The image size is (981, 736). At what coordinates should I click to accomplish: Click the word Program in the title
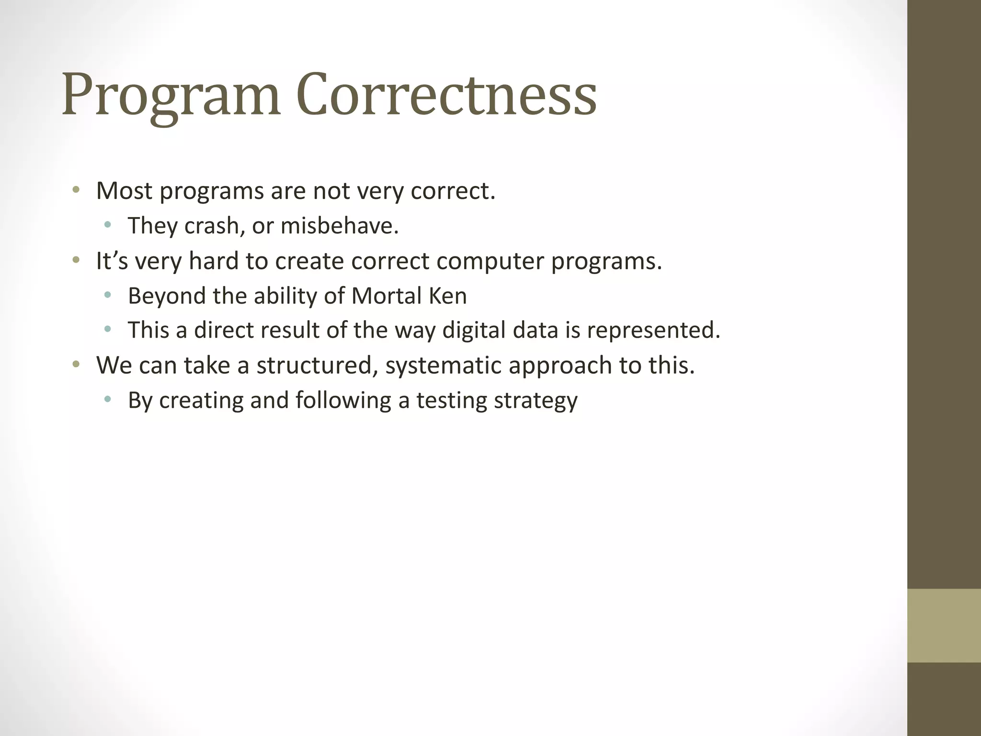[x=171, y=96]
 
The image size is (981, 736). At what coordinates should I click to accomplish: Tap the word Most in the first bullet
[x=124, y=191]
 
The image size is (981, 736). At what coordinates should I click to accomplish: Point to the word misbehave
[x=340, y=226]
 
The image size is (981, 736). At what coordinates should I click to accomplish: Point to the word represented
[x=653, y=331]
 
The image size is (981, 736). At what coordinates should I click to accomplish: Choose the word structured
[x=314, y=366]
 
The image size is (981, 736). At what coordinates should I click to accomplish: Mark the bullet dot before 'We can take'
[x=76, y=365]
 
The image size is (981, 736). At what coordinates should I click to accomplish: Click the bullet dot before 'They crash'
[x=107, y=225]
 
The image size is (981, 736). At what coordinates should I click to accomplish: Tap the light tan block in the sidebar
[x=944, y=625]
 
